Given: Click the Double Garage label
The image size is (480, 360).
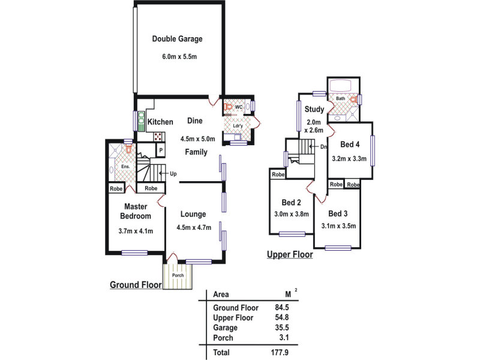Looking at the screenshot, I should (x=177, y=39).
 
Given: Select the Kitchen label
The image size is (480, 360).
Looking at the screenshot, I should (x=160, y=122).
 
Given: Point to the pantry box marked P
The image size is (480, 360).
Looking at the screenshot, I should (x=161, y=150).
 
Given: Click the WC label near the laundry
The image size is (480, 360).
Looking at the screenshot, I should (x=238, y=107).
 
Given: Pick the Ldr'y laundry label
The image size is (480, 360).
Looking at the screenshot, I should (x=237, y=126).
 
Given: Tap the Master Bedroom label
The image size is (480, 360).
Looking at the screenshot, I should (x=136, y=211).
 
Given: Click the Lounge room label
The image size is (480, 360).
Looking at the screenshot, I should (x=193, y=214).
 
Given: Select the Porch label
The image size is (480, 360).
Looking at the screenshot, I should (x=178, y=275).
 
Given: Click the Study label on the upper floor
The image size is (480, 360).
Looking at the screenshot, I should (x=314, y=109).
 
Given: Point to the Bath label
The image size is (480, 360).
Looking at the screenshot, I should (x=340, y=98).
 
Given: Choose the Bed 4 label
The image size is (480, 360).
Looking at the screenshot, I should (x=350, y=145).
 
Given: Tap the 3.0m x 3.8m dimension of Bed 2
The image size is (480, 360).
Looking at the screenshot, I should (x=291, y=214).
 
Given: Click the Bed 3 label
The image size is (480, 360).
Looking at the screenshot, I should (x=338, y=214).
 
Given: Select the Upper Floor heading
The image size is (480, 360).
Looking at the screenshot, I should (x=290, y=254).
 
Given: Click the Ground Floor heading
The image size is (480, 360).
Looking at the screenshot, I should (x=136, y=284).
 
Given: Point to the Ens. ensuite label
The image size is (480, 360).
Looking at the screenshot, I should (x=126, y=166).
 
